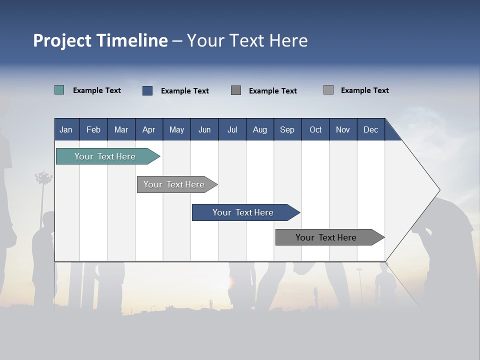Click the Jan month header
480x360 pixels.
(66, 129)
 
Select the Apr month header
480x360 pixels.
(148, 129)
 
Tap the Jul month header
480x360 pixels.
(232, 129)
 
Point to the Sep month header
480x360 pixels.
(287, 129)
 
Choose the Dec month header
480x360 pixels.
(370, 129)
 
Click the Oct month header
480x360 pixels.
(315, 129)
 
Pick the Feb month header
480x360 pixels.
(93, 129)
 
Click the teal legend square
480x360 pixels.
(59, 90)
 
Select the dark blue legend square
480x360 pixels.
(147, 90)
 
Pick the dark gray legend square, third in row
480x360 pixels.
(236, 90)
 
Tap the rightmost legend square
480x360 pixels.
(328, 90)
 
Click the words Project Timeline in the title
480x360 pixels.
(100, 40)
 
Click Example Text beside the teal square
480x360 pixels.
(97, 90)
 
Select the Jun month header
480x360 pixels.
(204, 129)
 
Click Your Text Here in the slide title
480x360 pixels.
(247, 40)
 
